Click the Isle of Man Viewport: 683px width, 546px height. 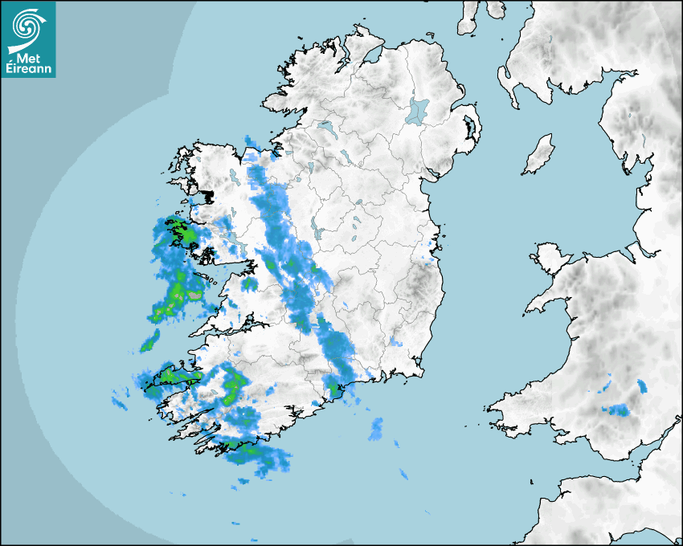tap(539, 155)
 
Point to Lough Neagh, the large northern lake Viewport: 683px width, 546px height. tap(418, 110)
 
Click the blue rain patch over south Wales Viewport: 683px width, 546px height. tap(618, 410)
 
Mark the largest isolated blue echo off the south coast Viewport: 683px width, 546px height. tap(376, 430)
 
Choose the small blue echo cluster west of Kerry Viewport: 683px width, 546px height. tap(121, 399)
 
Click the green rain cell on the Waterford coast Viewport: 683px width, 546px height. tap(334, 391)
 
